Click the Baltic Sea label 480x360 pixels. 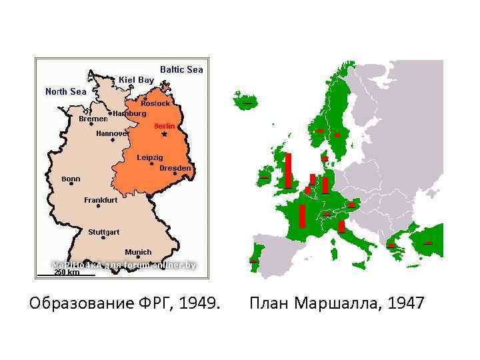[x=181, y=69]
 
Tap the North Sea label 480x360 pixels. [x=65, y=91]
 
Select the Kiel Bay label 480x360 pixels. [x=136, y=80]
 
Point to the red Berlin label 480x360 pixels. [x=164, y=126]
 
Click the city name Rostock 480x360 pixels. [x=155, y=103]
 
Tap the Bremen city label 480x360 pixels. [x=93, y=119]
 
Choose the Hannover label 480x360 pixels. [x=112, y=133]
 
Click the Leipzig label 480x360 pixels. [x=149, y=157]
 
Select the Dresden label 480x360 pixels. [x=175, y=169]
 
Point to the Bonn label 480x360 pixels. [x=71, y=179]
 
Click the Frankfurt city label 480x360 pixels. [x=101, y=200]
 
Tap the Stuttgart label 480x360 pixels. [x=104, y=232]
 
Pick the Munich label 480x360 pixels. [x=138, y=252]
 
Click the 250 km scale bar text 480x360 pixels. [x=66, y=272]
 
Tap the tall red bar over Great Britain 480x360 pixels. [x=288, y=171]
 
